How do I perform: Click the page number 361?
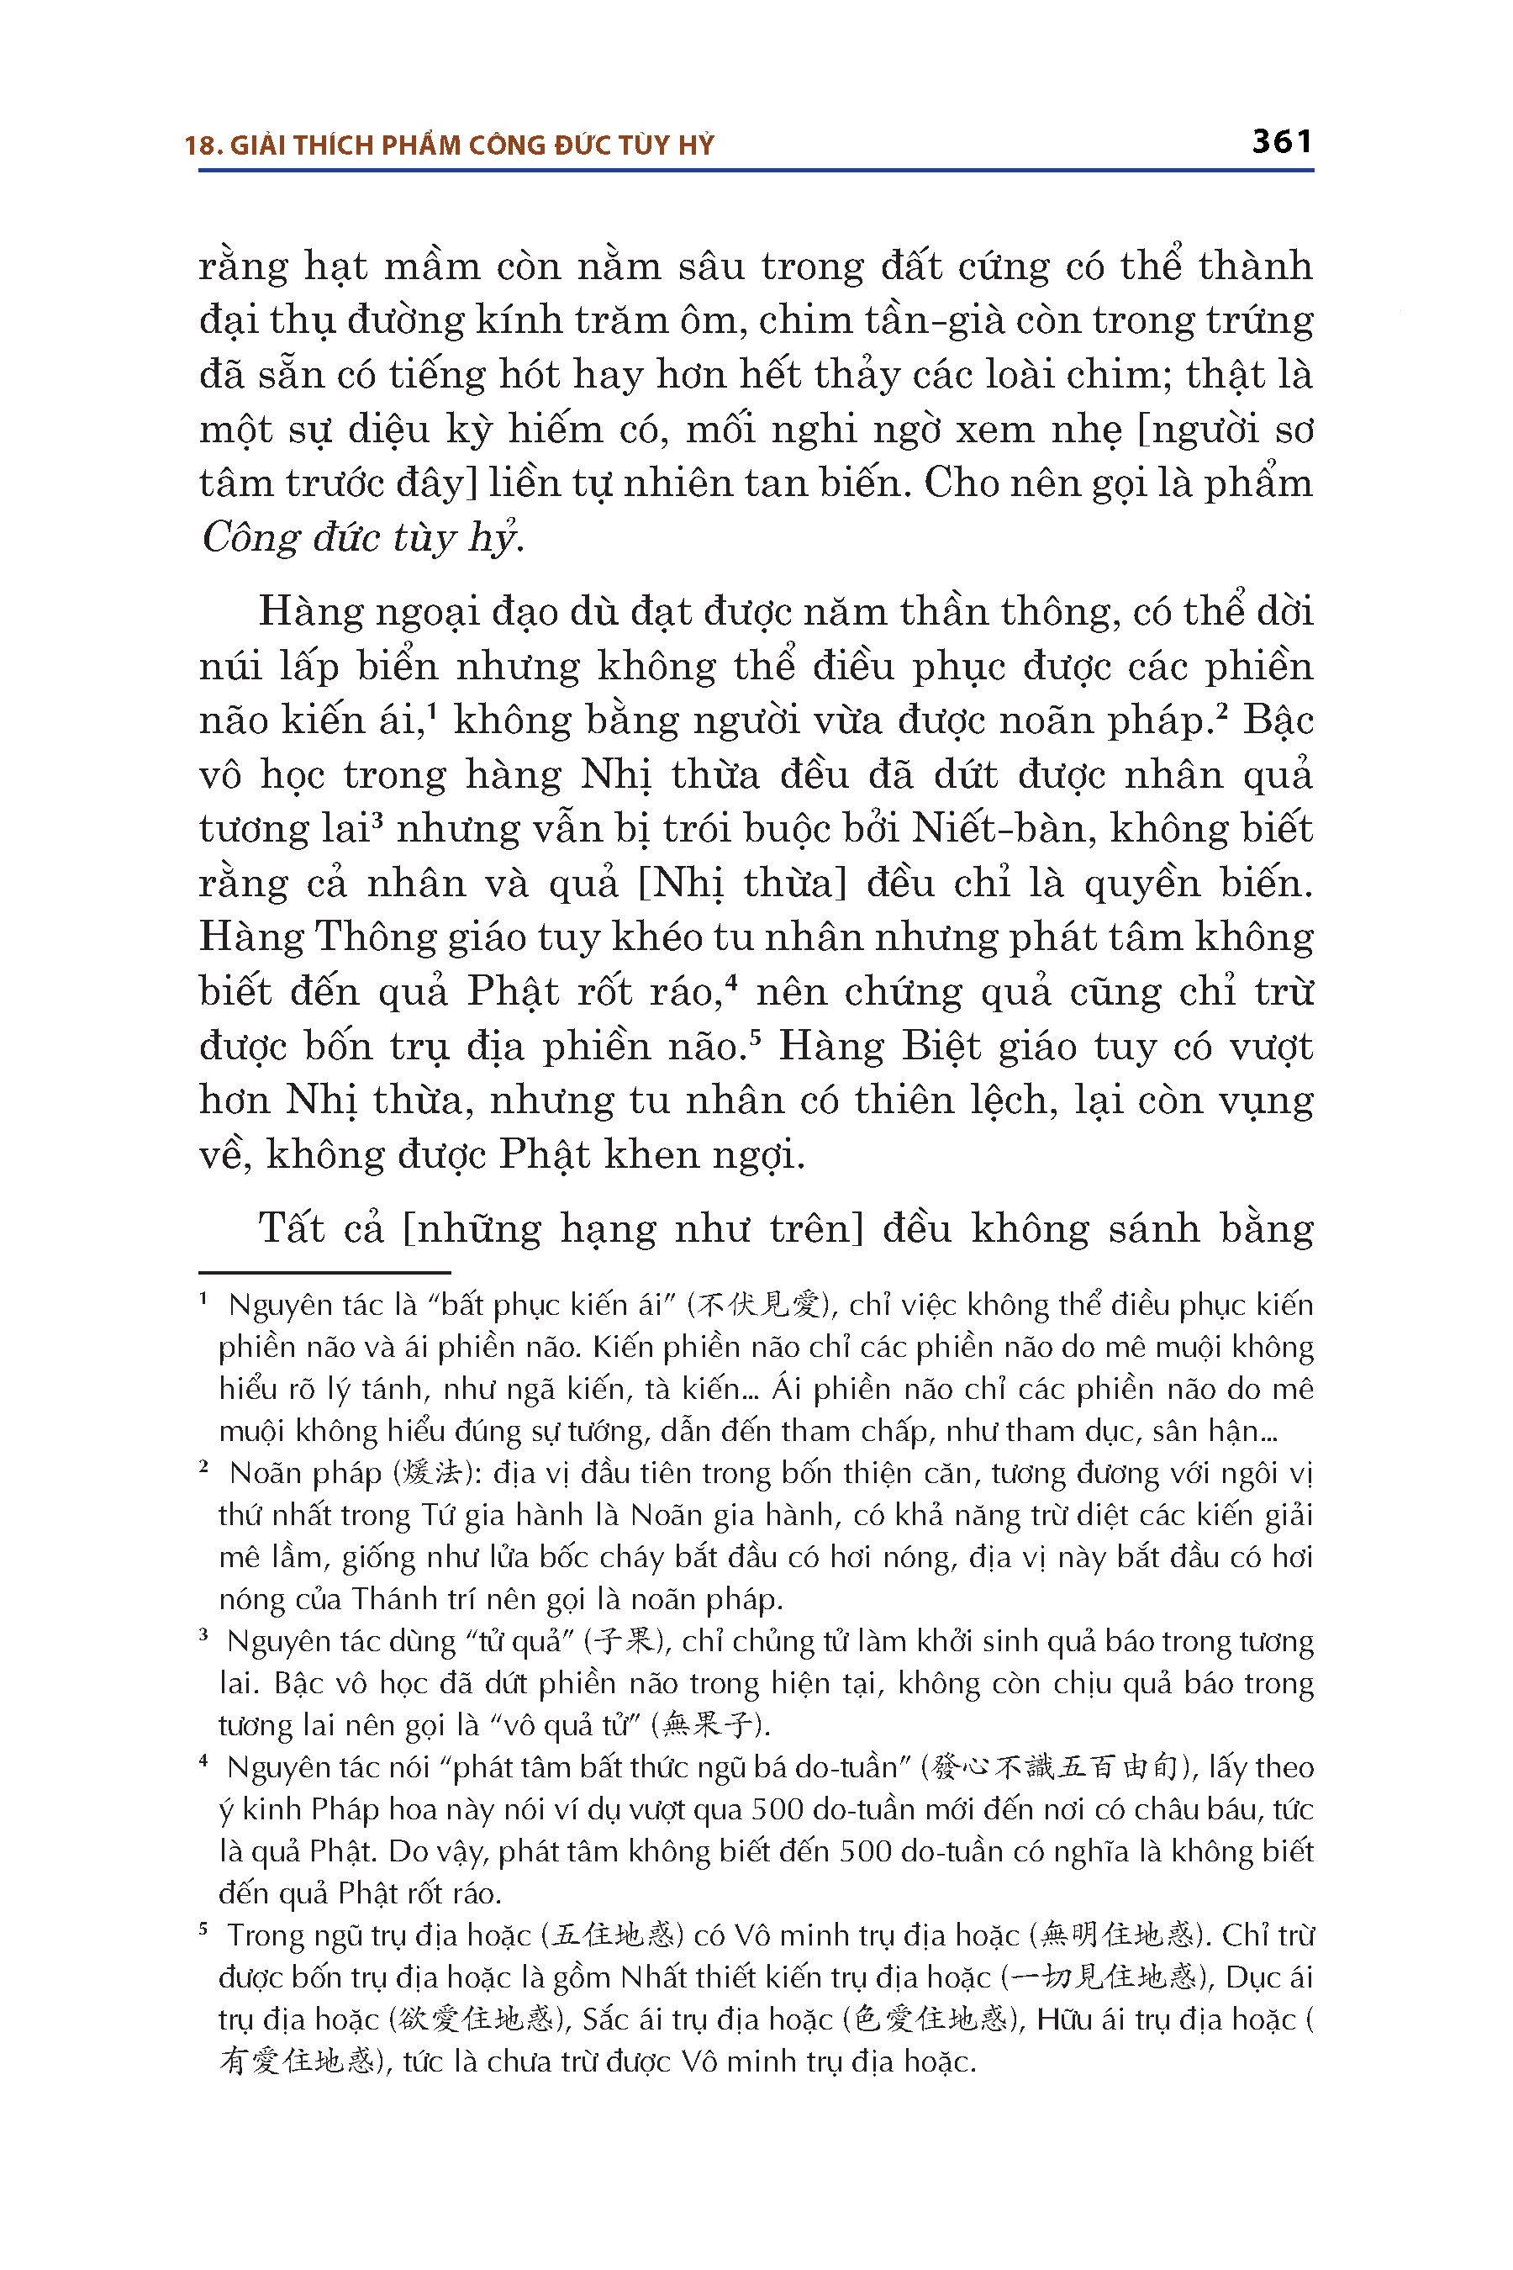click(x=1281, y=143)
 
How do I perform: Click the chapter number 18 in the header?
click(x=198, y=145)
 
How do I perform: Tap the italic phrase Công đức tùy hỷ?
click(x=361, y=537)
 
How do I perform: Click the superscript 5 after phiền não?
click(x=756, y=1037)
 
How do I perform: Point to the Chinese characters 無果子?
click(x=711, y=1724)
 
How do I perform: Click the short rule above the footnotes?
click(x=324, y=1273)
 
